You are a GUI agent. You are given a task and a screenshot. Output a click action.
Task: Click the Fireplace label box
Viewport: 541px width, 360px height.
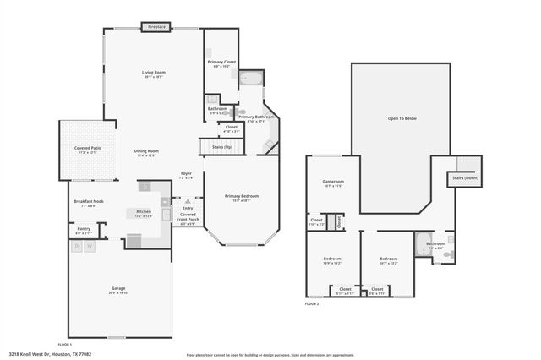pos(156,27)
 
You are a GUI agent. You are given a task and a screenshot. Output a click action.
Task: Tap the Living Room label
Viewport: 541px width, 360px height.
pos(153,73)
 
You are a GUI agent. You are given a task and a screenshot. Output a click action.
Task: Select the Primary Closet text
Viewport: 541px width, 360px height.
pos(222,62)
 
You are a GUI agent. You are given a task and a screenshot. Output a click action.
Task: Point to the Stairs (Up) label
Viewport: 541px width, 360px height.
pos(221,147)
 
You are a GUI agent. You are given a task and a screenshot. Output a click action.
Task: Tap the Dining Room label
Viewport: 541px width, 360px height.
pos(146,151)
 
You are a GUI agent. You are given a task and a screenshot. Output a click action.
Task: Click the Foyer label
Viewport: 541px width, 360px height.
pos(186,174)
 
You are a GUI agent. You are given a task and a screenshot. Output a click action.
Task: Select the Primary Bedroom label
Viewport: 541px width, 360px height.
pos(241,196)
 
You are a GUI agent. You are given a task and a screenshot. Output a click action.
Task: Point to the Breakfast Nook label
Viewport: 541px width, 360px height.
pos(88,201)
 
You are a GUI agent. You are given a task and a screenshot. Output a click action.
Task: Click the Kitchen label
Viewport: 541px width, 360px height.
pos(144,211)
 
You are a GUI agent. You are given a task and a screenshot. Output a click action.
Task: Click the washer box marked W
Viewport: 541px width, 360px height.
pos(90,247)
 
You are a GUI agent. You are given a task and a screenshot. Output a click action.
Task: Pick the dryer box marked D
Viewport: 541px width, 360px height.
pos(78,247)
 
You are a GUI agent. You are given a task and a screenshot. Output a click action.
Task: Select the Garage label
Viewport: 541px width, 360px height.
pos(118,289)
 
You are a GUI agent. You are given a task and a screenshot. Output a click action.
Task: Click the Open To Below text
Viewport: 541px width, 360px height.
pos(402,118)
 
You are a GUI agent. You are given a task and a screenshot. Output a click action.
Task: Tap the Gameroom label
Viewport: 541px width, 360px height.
pos(333,182)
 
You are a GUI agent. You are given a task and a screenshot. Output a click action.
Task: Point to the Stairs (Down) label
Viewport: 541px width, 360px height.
pos(466,178)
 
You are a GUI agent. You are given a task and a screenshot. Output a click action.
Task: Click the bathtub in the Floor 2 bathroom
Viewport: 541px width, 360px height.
pos(422,246)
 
